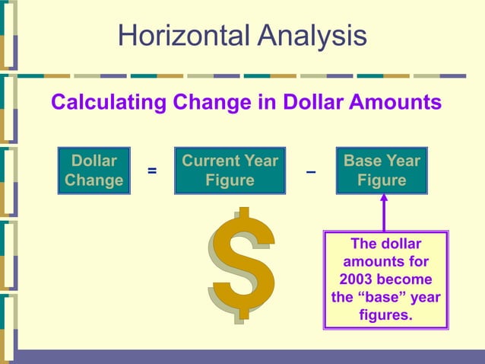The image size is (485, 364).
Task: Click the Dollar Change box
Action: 94,171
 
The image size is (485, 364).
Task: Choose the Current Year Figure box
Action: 230,171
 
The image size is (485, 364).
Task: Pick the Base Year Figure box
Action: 382,171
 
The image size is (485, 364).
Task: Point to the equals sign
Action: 152,172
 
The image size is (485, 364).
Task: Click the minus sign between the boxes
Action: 310,172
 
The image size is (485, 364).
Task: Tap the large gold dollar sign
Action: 242,263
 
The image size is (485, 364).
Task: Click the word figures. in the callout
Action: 386,315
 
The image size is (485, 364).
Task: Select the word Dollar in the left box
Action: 94,161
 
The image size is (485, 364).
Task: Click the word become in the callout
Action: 407,279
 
